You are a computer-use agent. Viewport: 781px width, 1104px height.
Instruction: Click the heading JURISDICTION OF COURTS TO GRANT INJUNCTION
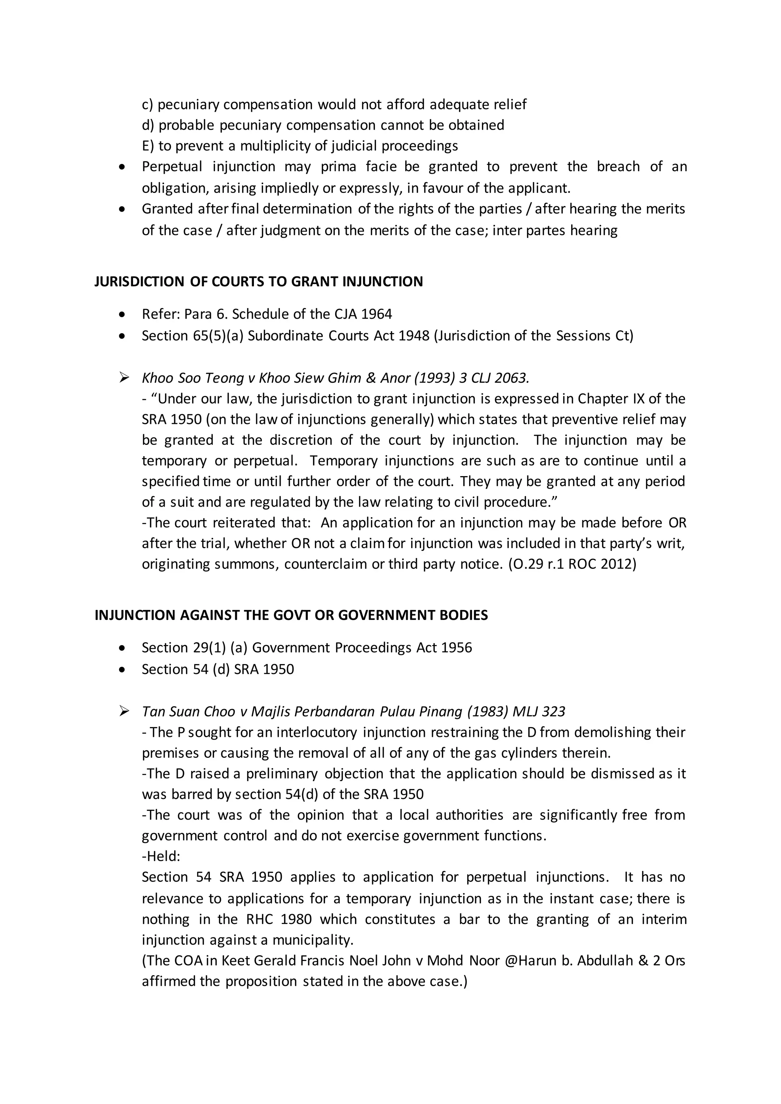pyautogui.click(x=258, y=282)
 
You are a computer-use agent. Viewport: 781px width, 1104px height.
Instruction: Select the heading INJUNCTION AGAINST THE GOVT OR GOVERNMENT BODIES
pyautogui.click(x=291, y=615)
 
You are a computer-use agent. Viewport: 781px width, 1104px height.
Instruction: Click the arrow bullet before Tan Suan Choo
pyautogui.click(x=124, y=712)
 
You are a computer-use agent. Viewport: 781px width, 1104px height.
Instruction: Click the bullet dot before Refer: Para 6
pyautogui.click(x=123, y=315)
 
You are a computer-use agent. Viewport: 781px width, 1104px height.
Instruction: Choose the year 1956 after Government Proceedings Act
pyautogui.click(x=456, y=648)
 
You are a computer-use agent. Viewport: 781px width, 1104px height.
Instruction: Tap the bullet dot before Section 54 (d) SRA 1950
pyautogui.click(x=123, y=670)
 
